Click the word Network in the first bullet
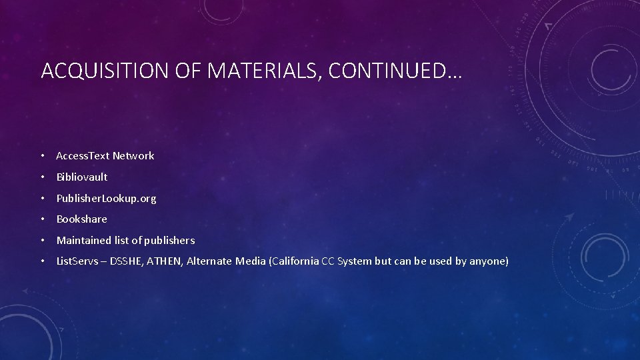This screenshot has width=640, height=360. (133, 156)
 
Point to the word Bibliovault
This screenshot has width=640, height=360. (81, 177)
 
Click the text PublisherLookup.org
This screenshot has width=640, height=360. (106, 199)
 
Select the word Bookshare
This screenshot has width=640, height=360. (81, 219)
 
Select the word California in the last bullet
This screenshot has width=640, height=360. (295, 261)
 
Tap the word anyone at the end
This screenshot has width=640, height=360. (489, 261)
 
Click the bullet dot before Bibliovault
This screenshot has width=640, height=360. (42, 177)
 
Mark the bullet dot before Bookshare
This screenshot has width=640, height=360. (42, 219)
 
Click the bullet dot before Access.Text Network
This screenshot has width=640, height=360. (42, 156)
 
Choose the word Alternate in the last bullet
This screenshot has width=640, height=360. (209, 261)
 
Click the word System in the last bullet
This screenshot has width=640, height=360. (355, 261)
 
